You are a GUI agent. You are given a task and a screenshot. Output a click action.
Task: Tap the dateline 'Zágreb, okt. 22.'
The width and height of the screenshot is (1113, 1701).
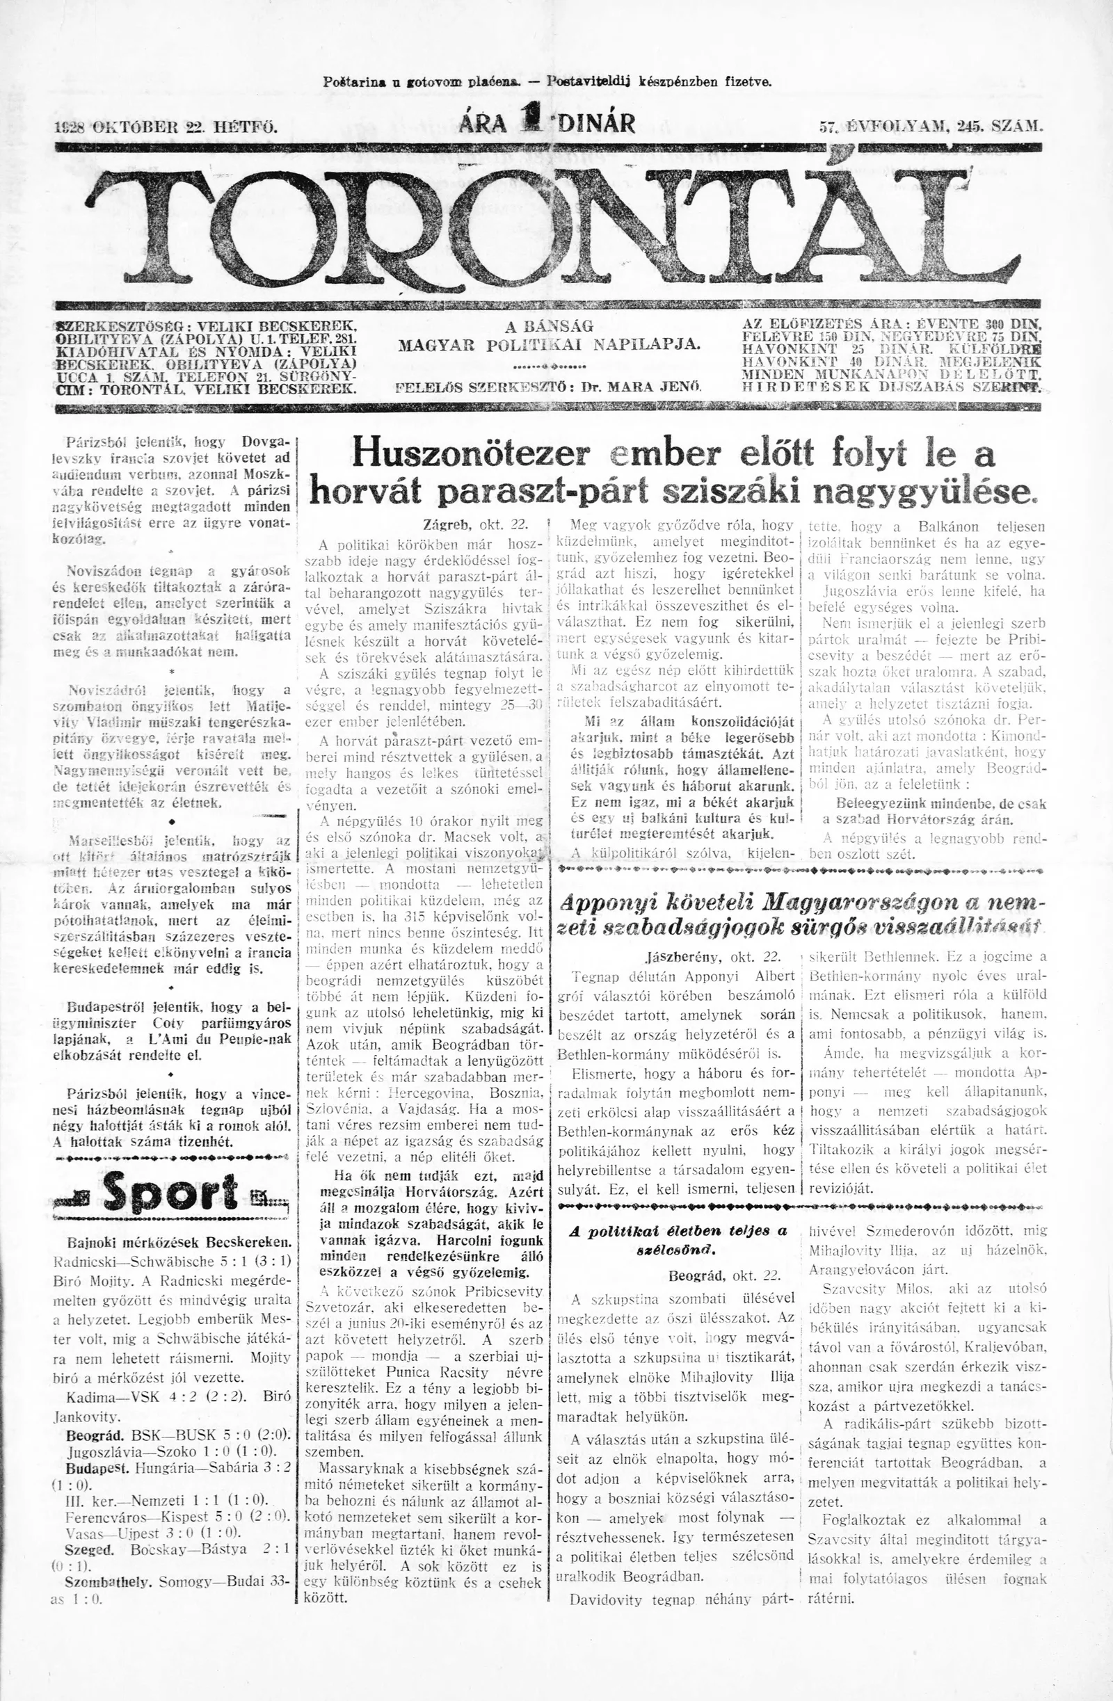[x=468, y=524]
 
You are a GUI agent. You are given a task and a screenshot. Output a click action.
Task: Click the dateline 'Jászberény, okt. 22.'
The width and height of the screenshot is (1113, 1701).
[x=710, y=956]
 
